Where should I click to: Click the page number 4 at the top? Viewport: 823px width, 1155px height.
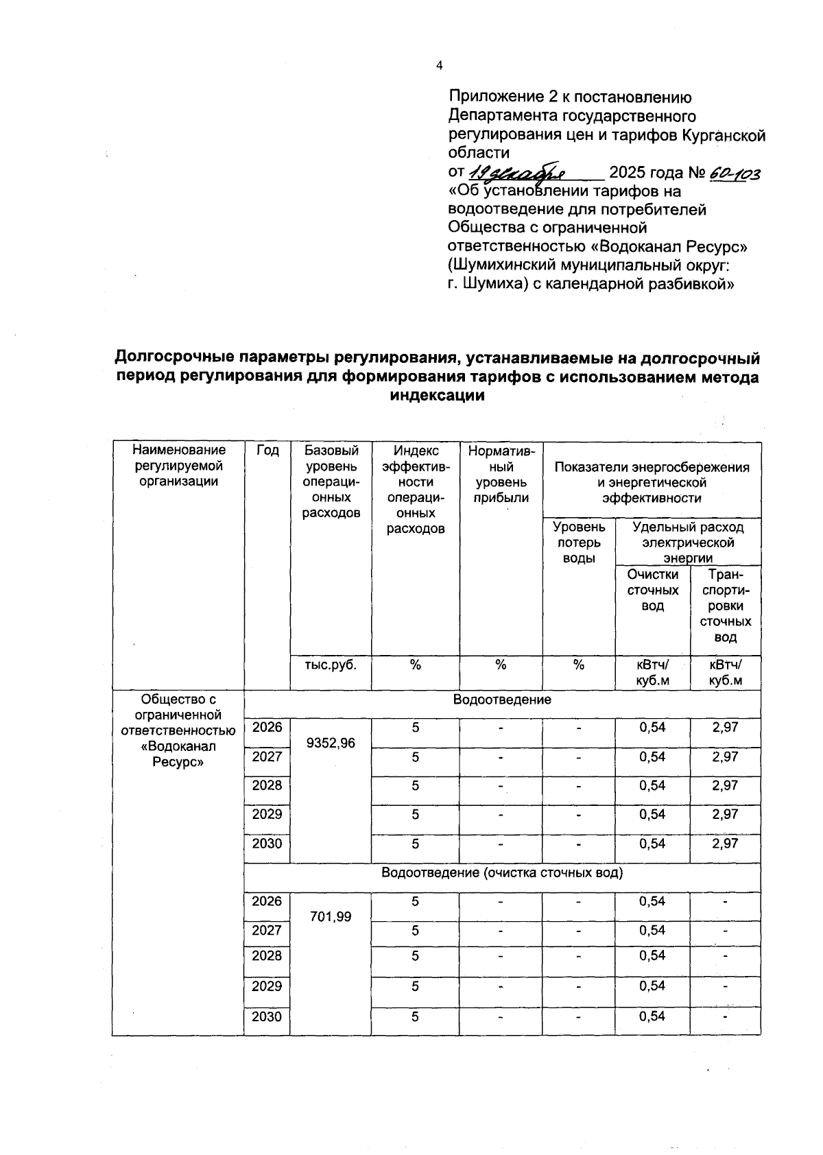pos(440,65)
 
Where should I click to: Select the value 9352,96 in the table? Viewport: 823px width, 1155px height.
pos(331,743)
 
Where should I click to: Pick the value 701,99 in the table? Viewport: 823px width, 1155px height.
pos(331,916)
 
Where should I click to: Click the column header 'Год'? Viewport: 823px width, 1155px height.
pos(267,451)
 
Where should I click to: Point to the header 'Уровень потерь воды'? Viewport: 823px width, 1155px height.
pos(579,543)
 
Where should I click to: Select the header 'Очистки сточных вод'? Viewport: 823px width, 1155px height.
pos(652,590)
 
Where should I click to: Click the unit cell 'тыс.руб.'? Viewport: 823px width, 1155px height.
pos(331,665)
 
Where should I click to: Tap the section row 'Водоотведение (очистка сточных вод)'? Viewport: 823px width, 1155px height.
pos(502,873)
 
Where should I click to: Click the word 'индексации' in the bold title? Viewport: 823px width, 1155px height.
pos(437,396)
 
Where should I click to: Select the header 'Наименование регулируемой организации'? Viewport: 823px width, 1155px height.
pos(178,466)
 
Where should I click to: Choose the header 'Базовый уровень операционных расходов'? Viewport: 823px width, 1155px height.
pos(331,481)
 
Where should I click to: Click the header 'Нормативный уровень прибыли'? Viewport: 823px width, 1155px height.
pos(501,474)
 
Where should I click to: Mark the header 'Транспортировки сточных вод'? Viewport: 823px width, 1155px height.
pos(725,606)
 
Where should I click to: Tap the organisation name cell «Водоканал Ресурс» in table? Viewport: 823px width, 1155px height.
pos(178,730)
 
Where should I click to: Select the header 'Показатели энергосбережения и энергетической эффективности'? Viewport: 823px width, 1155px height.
pos(652,482)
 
